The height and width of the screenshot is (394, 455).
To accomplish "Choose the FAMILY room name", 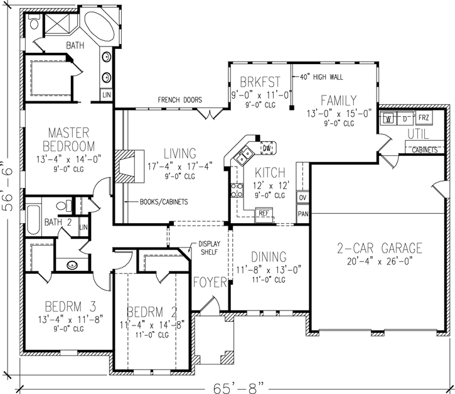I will point(340,101).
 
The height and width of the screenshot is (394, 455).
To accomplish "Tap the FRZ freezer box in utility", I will point(424,118).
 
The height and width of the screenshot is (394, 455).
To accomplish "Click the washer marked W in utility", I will point(389,119).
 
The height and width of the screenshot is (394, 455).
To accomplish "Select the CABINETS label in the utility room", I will point(426,150).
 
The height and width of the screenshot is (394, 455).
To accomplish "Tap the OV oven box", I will point(303,198).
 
